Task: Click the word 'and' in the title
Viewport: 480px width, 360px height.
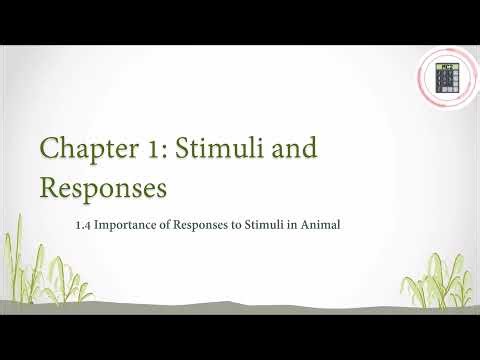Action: coord(296,151)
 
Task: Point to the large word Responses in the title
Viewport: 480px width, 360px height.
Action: coord(103,187)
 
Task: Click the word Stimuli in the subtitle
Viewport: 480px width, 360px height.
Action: coord(278,225)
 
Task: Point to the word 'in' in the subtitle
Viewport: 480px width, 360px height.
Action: coord(302,225)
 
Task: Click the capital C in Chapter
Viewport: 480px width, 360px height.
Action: coord(50,151)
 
